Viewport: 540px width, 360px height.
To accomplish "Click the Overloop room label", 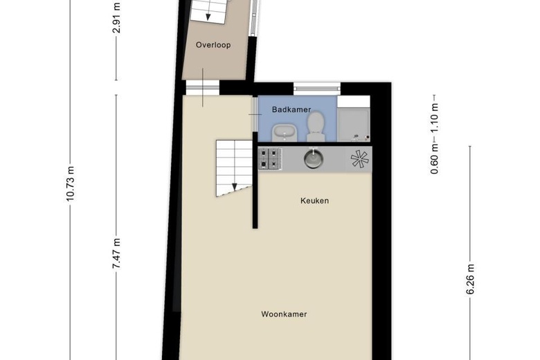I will click(x=213, y=45).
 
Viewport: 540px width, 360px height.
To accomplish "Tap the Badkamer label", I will click(x=291, y=109).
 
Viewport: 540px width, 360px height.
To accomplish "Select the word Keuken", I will click(x=314, y=201).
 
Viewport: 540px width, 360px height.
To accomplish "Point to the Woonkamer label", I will click(x=284, y=314).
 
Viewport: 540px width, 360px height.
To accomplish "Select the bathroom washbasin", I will click(x=282, y=130).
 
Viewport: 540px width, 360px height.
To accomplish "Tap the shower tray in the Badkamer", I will click(x=354, y=123).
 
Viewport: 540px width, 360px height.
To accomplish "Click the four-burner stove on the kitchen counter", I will click(x=271, y=159).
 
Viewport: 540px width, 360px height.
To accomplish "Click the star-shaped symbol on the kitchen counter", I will click(x=361, y=159).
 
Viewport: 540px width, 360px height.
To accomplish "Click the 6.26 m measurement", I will click(x=470, y=280).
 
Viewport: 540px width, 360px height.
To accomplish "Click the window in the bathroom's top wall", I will click(x=316, y=87).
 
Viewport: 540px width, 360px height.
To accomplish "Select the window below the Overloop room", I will click(x=202, y=88).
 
